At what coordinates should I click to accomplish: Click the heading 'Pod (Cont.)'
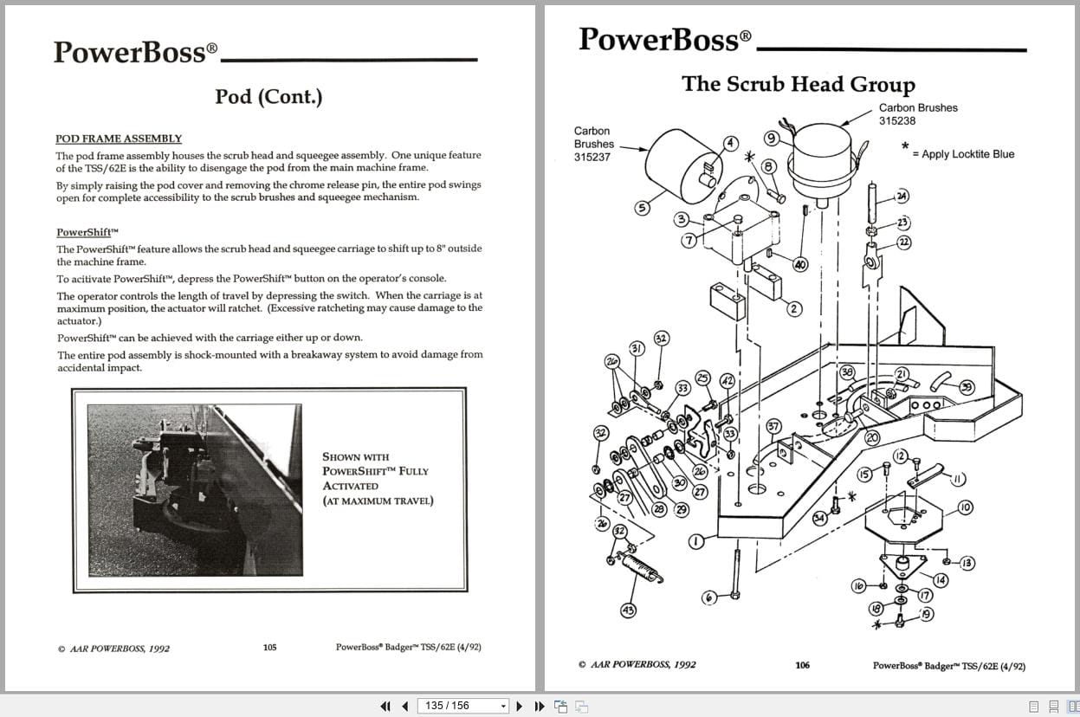268,96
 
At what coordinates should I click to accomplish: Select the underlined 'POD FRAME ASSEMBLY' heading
119,139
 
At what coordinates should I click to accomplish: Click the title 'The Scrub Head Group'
798,84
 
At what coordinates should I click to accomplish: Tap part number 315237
593,158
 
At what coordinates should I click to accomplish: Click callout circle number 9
771,138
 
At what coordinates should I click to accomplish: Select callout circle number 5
642,208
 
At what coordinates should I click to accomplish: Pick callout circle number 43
628,610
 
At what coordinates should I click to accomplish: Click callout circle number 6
708,598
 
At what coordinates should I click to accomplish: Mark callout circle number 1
695,542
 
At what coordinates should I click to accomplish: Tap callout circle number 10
964,507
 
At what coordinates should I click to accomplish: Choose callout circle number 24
902,197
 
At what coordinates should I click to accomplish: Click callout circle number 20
872,438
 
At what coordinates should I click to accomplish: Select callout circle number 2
793,307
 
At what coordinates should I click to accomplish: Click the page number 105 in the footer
269,647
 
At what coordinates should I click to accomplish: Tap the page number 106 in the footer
802,665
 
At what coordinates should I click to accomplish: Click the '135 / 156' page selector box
462,706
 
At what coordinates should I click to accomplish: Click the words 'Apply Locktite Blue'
967,154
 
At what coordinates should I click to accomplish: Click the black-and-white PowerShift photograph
195,489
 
